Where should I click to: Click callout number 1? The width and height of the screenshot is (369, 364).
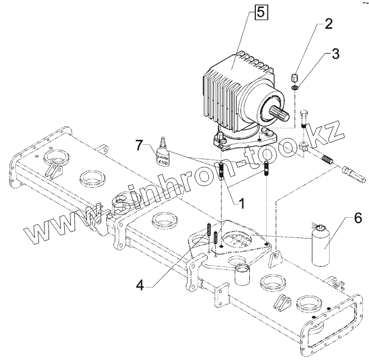[242, 204]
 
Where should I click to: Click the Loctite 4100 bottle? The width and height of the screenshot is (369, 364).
[162, 153]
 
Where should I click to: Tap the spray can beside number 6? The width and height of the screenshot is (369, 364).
[320, 246]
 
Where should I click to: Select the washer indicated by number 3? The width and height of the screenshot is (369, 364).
[295, 90]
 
